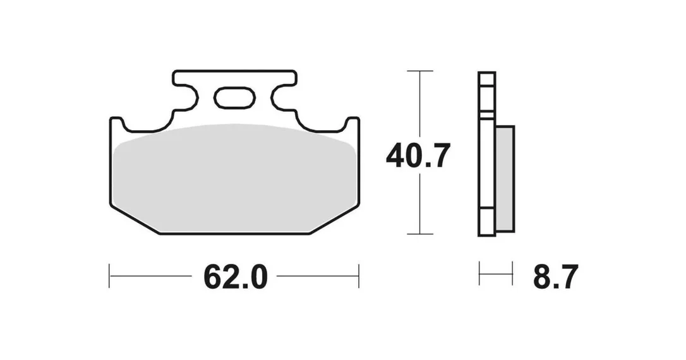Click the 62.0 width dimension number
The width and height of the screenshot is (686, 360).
[x=236, y=277]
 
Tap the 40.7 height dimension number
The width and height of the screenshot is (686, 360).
[x=418, y=156]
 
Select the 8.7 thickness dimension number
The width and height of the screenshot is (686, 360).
[x=556, y=277]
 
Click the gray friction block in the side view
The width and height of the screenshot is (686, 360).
[x=505, y=179]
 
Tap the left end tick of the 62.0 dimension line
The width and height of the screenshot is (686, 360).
[x=109, y=276]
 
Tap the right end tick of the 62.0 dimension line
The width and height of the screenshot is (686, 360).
[x=359, y=276]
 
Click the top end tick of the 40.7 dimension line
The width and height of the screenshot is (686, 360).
[x=420, y=71]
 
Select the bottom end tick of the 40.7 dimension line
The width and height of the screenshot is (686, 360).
[x=420, y=234]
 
